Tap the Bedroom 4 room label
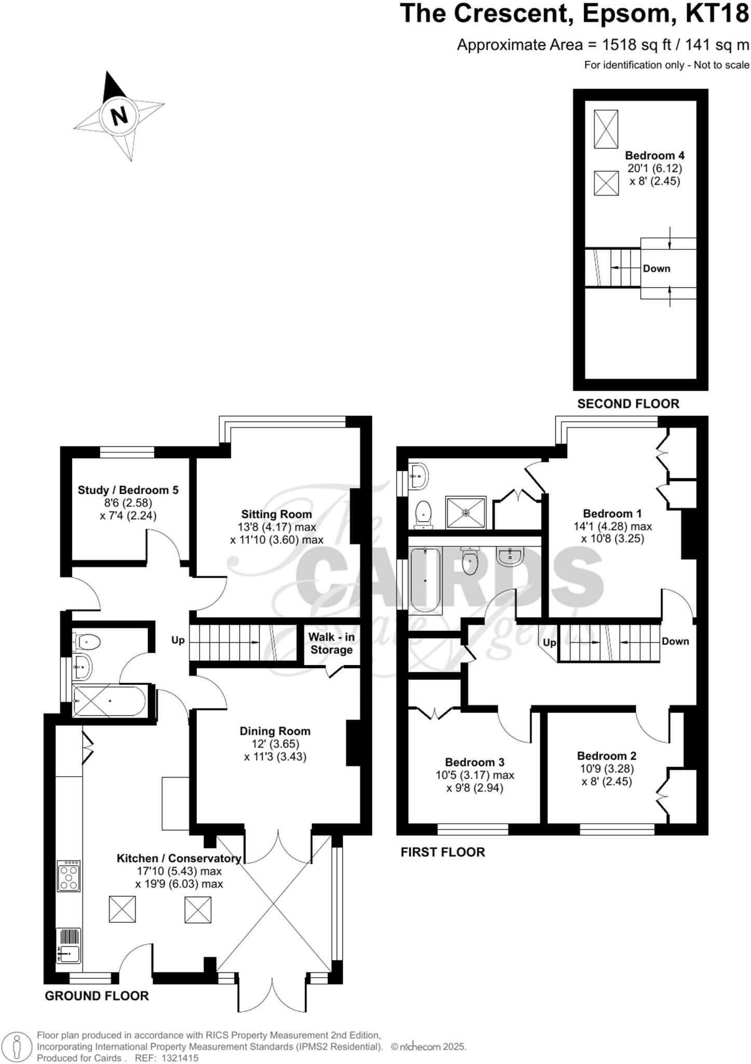point(654,155)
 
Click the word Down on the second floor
point(656,269)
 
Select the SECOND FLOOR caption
point(628,404)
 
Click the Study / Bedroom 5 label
point(128,490)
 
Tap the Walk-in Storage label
point(331,643)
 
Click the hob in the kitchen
point(69,876)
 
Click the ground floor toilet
point(87,642)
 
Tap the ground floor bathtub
point(109,701)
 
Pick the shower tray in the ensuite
point(466,513)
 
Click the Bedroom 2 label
point(606,756)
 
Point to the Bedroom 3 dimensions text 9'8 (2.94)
point(474,788)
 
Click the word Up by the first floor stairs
point(549,643)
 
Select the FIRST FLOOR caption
point(442,852)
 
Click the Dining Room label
point(275,731)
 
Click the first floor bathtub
point(425,581)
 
